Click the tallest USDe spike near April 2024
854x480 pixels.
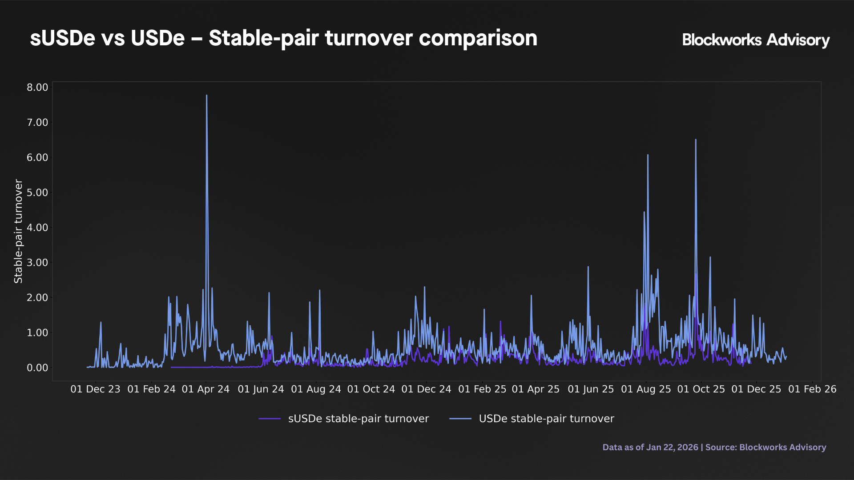[x=206, y=96]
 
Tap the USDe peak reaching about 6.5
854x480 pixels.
[x=696, y=140]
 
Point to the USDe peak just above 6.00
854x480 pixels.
[x=648, y=156]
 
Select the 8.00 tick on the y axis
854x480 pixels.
[x=37, y=88]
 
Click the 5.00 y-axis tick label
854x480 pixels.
[x=37, y=192]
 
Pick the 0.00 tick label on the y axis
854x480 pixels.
[x=37, y=368]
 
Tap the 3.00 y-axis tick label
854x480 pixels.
[x=37, y=263]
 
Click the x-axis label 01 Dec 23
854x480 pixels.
[x=95, y=389]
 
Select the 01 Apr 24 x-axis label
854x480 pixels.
[x=205, y=389]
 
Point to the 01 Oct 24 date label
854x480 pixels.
[x=371, y=389]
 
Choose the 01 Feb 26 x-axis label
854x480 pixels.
[x=812, y=389]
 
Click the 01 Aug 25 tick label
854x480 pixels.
[x=646, y=389]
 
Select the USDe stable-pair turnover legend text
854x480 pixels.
[x=546, y=419]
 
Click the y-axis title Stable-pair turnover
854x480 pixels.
[x=18, y=231]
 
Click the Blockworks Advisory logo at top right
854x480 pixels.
[x=756, y=40]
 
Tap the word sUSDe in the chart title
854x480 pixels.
[x=62, y=38]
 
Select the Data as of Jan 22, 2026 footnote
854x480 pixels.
[x=650, y=447]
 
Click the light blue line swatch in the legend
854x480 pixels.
[x=460, y=419]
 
